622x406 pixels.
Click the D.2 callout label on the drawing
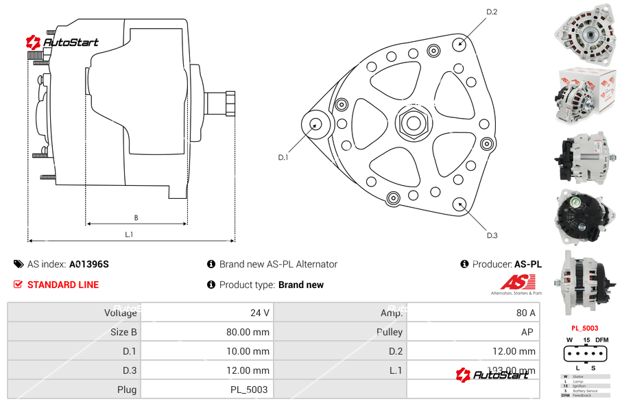[x=492, y=12]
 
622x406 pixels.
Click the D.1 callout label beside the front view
[x=283, y=157]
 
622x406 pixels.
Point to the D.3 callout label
[x=492, y=235]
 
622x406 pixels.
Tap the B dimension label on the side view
[x=136, y=217]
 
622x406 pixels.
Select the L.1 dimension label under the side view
[x=129, y=235]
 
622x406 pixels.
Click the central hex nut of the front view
[x=412, y=123]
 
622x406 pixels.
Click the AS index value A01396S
[x=89, y=264]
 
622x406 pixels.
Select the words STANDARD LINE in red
[x=63, y=285]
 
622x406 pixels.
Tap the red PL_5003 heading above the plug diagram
[x=584, y=329]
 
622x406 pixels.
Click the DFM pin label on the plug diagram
[x=601, y=340]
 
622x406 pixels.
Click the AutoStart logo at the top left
[x=62, y=43]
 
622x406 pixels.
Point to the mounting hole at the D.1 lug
[x=316, y=124]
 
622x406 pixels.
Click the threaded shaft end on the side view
[x=221, y=103]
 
